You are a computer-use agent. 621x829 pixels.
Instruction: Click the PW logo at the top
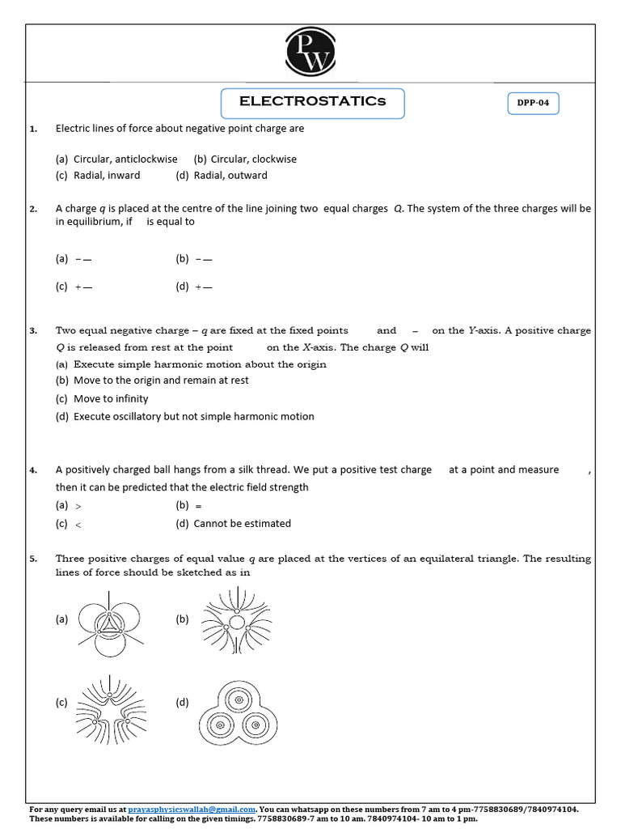click(310, 50)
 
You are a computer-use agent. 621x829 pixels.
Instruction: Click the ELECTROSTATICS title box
click(312, 103)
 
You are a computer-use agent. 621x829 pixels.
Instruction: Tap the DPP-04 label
click(533, 104)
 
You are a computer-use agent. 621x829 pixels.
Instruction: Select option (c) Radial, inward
click(98, 176)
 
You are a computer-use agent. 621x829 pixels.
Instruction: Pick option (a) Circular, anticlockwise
click(116, 159)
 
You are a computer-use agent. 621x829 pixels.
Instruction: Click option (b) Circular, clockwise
click(245, 159)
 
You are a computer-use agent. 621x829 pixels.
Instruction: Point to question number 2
click(33, 209)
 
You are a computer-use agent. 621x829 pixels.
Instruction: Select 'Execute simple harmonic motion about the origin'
click(200, 364)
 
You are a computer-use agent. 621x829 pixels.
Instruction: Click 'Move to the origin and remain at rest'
click(161, 380)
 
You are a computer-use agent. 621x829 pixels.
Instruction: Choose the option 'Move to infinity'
click(111, 399)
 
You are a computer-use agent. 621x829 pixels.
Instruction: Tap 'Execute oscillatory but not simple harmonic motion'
click(193, 417)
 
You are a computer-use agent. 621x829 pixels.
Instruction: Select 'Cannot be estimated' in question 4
click(242, 524)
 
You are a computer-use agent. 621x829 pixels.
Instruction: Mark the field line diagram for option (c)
click(112, 702)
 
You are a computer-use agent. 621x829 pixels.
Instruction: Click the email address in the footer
click(192, 809)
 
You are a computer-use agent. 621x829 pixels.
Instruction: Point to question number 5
click(33, 559)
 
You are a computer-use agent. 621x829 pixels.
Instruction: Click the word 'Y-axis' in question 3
click(482, 330)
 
